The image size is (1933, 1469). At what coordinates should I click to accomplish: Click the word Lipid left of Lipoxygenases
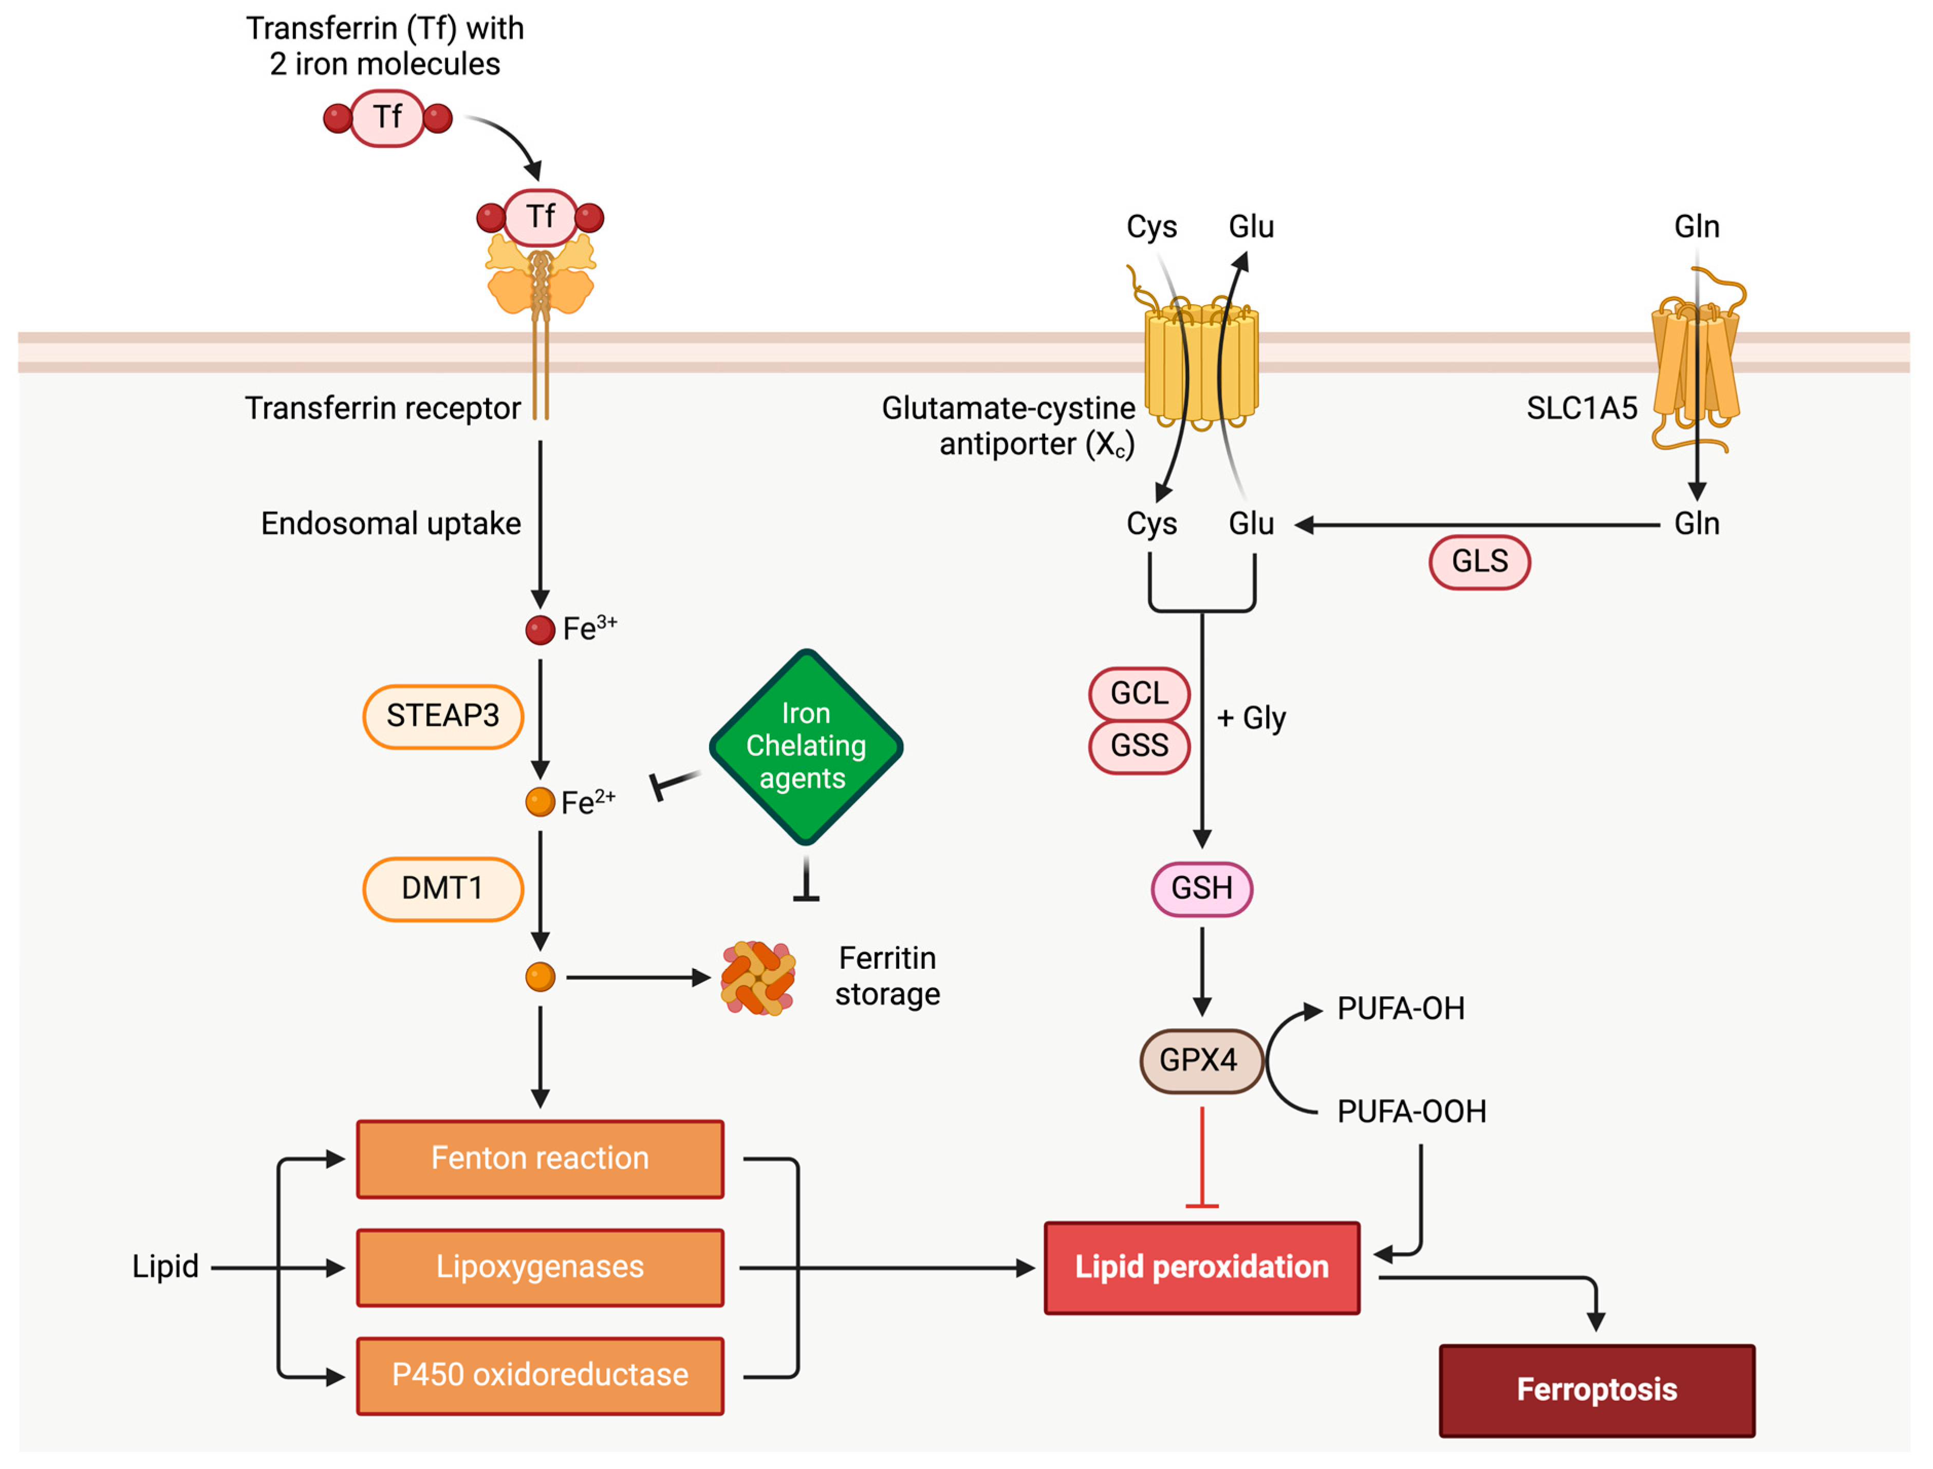[x=165, y=1267]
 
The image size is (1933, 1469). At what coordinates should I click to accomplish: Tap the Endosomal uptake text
[x=391, y=524]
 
